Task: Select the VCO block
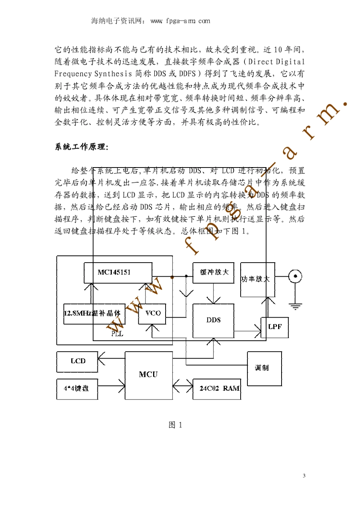pos(152,313)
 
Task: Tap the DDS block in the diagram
pos(213,320)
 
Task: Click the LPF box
pos(275,327)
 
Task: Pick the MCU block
pos(149,375)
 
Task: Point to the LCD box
pos(77,361)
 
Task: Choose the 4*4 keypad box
pos(77,388)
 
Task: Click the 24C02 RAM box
pos(217,388)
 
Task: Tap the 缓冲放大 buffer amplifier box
pos(214,272)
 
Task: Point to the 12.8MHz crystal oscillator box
pos(93,313)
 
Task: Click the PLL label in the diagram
pos(117,334)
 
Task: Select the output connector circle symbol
pos(295,276)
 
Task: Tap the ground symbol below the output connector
pos(295,306)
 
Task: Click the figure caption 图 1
pos(175,425)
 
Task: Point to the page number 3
pos(304,476)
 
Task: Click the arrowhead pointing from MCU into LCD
pos(101,358)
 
